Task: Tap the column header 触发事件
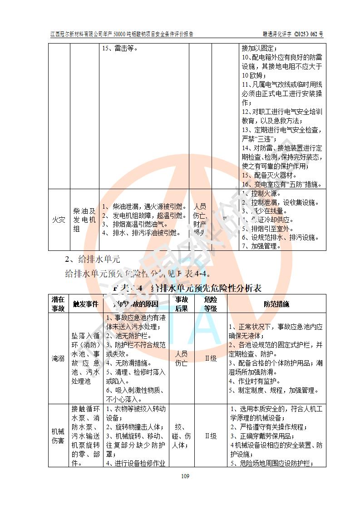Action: tap(86, 304)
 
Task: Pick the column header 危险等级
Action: tap(211, 303)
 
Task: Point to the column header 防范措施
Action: tap(276, 304)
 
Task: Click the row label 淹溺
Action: tap(58, 358)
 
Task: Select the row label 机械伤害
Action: tap(58, 436)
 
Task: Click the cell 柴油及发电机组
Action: tap(84, 220)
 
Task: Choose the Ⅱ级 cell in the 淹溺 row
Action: tap(211, 358)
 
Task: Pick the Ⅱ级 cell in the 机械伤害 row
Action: tap(211, 436)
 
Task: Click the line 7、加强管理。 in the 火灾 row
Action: tap(261, 246)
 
